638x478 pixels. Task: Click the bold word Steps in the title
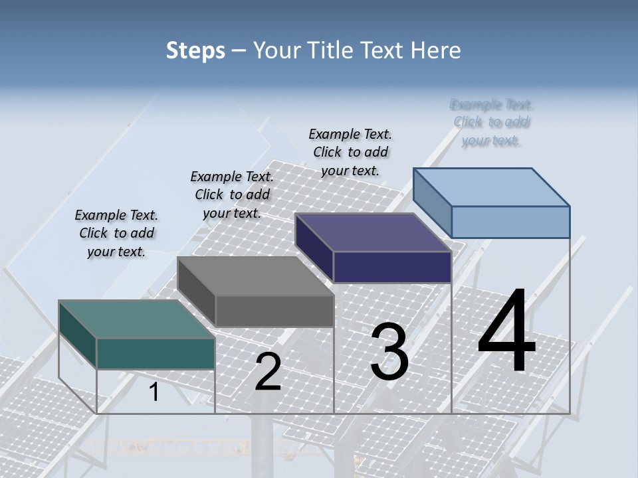195,50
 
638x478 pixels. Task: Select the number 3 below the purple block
389,352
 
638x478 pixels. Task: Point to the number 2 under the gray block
268,372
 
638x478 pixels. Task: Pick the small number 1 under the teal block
154,392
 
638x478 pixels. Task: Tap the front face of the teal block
156,353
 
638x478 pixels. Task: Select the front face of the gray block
274,311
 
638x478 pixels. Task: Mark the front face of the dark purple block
392,267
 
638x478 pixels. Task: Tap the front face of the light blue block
510,222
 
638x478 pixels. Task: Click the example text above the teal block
116,233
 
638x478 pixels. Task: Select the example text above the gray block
232,195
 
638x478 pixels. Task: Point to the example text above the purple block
350,152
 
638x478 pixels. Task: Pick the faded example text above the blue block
492,122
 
